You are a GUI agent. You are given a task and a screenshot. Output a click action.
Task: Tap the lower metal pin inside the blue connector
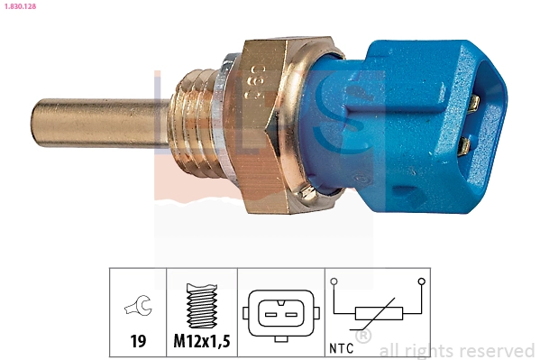464,144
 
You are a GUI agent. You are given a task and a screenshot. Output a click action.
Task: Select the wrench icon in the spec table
138,308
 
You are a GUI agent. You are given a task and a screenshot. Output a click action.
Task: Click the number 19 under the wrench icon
138,343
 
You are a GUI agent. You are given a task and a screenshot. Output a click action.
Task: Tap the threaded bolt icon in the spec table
202,306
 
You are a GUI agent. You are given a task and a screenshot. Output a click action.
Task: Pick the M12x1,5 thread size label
202,343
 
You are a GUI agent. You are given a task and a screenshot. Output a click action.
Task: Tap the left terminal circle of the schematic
335,282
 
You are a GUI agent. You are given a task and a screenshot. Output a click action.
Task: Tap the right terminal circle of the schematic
422,282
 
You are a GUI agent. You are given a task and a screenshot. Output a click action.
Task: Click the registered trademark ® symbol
363,337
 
